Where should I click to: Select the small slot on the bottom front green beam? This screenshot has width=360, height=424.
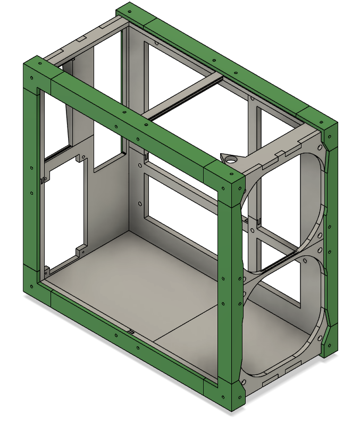(x=130, y=331)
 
